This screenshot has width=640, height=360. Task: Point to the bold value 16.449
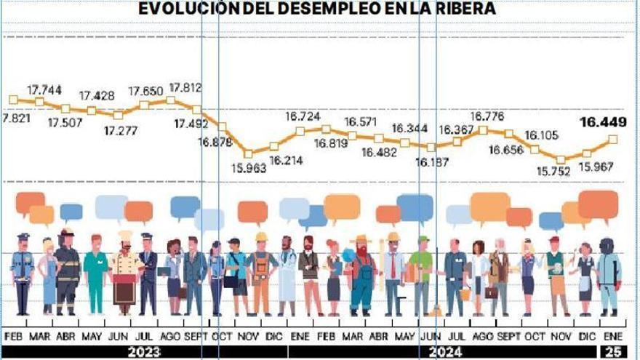602,122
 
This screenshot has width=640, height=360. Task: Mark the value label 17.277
119,131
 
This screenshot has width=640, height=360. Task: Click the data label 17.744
44,89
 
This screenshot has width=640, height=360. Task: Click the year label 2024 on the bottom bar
446,351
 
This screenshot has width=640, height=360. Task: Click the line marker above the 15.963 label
248,153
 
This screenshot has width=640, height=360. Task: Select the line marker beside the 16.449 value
613,138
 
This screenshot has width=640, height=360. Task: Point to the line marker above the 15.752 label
560,159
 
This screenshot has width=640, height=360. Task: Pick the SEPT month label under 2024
508,337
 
